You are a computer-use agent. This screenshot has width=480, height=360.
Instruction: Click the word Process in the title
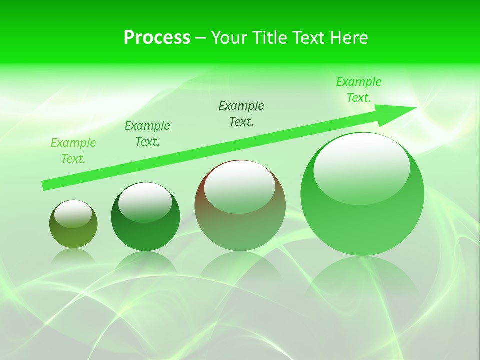[x=157, y=38]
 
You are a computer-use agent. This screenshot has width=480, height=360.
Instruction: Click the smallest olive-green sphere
[x=73, y=235]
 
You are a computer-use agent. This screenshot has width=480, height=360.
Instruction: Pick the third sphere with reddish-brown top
[x=240, y=225]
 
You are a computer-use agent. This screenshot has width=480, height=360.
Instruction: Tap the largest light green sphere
[x=362, y=220]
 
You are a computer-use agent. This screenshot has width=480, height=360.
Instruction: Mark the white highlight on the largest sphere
[x=361, y=169]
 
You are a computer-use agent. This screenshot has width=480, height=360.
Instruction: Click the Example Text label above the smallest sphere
[x=73, y=151]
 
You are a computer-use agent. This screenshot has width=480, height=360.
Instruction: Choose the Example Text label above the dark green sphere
[x=147, y=134]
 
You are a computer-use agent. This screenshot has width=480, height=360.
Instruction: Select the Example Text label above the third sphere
[x=241, y=113]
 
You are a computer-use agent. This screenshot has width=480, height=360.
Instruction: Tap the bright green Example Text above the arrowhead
[x=359, y=90]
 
